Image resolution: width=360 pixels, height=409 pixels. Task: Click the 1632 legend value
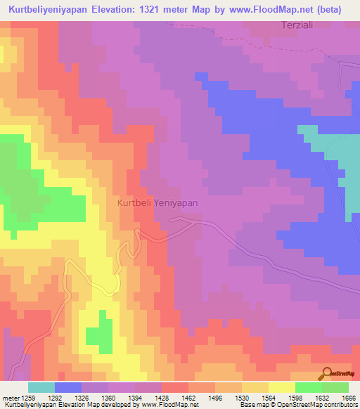321,398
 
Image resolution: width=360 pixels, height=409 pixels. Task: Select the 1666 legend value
347,398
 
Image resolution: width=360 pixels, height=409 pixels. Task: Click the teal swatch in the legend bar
41,387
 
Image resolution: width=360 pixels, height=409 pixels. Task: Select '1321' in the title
157,11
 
